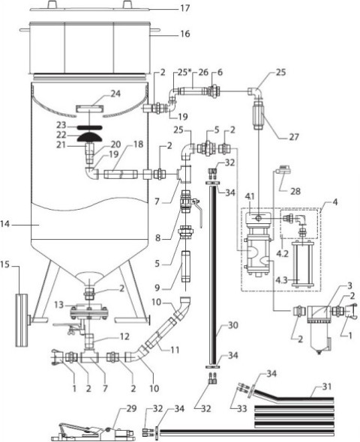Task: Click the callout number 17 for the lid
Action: click(185, 8)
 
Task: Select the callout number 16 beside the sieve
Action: click(185, 34)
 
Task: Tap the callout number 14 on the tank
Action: click(6, 225)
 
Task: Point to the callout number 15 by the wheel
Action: click(6, 265)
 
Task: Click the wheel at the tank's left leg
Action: click(22, 320)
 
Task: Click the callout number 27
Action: click(294, 137)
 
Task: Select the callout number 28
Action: click(295, 191)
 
